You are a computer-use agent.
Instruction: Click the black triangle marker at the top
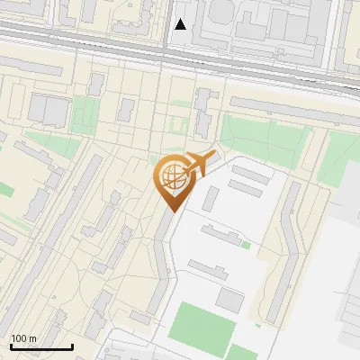pyautogui.click(x=181, y=24)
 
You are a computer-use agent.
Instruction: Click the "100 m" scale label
pyautogui.click(x=23, y=338)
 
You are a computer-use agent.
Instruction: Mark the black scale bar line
pyautogui.click(x=41, y=346)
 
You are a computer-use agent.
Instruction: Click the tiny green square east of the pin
pyautogui.click(x=245, y=244)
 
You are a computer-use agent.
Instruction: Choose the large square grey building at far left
pyautogui.click(x=49, y=111)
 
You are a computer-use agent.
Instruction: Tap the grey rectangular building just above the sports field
pyautogui.click(x=230, y=300)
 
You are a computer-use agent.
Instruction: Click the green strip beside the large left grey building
pyautogui.click(x=84, y=112)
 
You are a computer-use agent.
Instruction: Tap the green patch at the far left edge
pyautogui.click(x=5, y=189)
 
